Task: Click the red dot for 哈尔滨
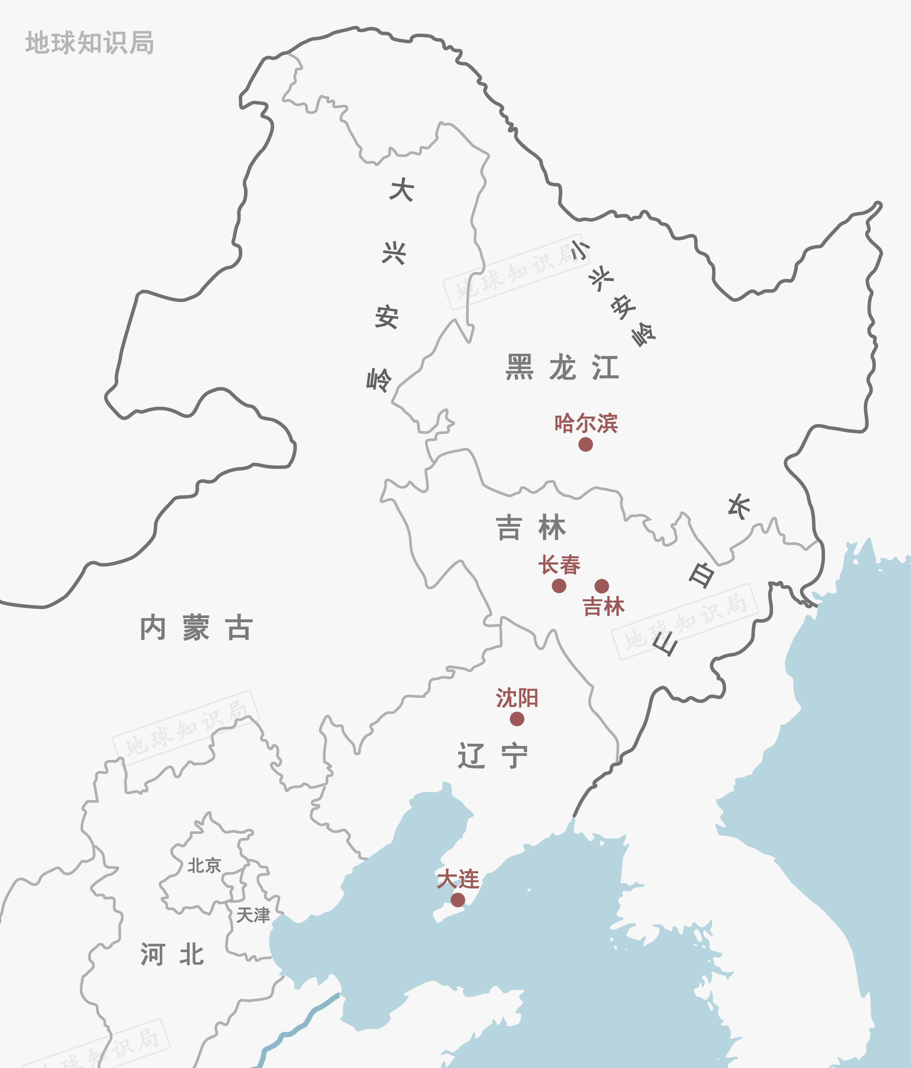pos(585,444)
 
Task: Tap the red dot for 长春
pos(559,585)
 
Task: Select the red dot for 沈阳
pos(517,719)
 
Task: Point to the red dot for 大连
pos(458,900)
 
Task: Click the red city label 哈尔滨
pos(586,423)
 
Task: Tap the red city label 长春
pos(559,565)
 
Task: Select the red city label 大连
pos(458,879)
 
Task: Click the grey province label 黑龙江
pos(562,368)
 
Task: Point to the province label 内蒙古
pos(196,628)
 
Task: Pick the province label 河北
pos(172,954)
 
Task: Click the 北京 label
pos(204,866)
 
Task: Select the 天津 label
pos(253,915)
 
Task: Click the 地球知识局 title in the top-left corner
pos(90,43)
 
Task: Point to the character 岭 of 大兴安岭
pos(379,380)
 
